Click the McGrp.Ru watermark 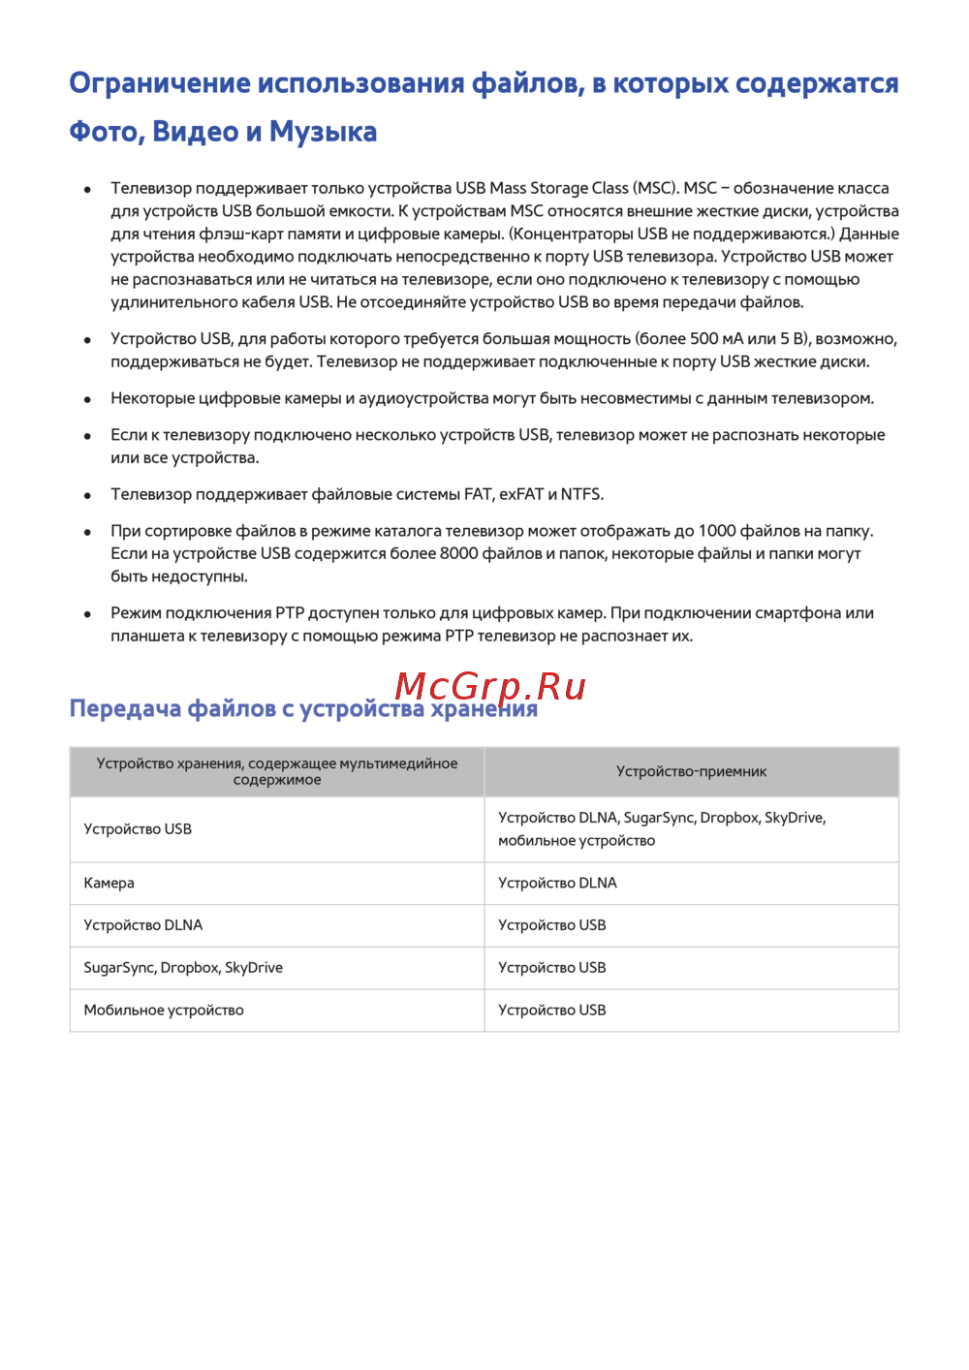[490, 686]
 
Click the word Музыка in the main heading [323, 132]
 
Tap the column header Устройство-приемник [691, 772]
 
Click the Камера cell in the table [109, 884]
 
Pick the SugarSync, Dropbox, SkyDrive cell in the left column [183, 968]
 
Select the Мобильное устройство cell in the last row [164, 1011]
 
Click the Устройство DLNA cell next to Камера [557, 884]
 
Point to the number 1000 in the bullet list [717, 531]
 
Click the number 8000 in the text [459, 554]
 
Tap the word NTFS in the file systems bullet [580, 495]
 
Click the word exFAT [521, 495]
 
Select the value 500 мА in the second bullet [717, 339]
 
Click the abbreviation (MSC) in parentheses [656, 189]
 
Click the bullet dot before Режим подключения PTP [87, 614]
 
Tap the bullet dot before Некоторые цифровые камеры [87, 399]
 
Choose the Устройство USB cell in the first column [138, 829]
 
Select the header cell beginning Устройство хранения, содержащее [277, 772]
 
